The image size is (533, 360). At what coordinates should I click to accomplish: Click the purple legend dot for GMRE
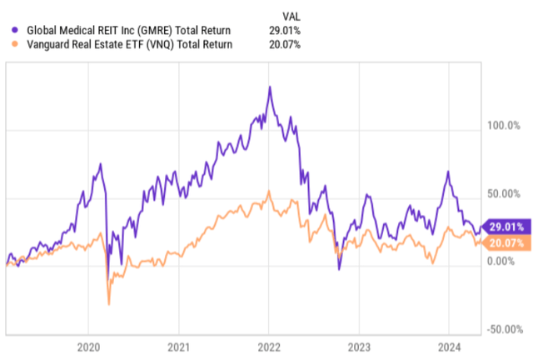click(9, 31)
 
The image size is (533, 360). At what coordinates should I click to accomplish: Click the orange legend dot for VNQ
click(9, 44)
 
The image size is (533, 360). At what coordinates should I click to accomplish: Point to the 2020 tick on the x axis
click(88, 345)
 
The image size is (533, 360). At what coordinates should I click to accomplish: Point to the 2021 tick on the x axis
click(178, 345)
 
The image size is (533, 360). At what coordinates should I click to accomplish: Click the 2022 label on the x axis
click(268, 345)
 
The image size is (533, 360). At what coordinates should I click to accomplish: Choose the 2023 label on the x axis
click(358, 345)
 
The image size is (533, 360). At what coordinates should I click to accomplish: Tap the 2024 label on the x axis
click(448, 345)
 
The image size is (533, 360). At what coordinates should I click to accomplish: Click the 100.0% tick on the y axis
click(503, 127)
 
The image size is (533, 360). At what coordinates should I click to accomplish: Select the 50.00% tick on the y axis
click(503, 194)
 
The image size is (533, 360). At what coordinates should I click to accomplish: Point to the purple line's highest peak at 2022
click(269, 87)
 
